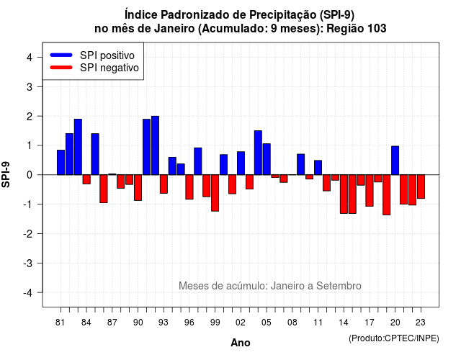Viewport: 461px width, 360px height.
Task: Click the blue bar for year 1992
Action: (155, 145)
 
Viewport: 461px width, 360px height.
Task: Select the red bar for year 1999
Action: (215, 193)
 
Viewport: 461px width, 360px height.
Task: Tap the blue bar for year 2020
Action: (395, 161)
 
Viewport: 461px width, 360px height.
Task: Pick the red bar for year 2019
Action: (387, 195)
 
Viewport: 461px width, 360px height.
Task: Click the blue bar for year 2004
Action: (258, 153)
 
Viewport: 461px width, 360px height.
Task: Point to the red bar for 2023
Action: (421, 186)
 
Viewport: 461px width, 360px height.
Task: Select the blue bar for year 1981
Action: (61, 163)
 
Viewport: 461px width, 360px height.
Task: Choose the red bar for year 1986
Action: (104, 189)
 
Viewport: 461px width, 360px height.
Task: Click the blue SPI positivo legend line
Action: (61, 55)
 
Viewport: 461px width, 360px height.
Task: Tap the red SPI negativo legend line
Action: (61, 68)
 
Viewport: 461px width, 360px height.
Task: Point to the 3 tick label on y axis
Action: (30, 86)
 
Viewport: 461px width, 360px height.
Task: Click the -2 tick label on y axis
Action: (28, 233)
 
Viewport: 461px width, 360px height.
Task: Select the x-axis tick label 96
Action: (189, 323)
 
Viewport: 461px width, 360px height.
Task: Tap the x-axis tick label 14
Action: (344, 323)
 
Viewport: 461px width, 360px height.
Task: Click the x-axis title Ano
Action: (241, 343)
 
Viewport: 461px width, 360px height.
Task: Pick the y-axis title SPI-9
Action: (6, 174)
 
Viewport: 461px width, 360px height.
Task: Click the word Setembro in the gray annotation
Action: (339, 286)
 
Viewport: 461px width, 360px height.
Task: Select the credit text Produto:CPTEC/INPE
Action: (394, 338)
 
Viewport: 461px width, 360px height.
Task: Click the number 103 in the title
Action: (377, 29)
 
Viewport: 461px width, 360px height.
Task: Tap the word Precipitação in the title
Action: (283, 14)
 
